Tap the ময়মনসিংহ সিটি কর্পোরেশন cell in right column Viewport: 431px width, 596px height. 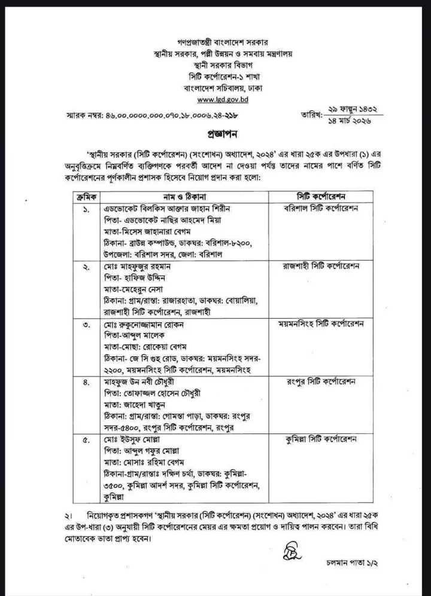point(322,324)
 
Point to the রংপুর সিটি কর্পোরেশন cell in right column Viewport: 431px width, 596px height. point(321,382)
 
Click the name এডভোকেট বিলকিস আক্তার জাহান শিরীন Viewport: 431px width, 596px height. point(163,209)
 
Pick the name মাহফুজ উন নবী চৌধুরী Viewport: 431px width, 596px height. point(133,382)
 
